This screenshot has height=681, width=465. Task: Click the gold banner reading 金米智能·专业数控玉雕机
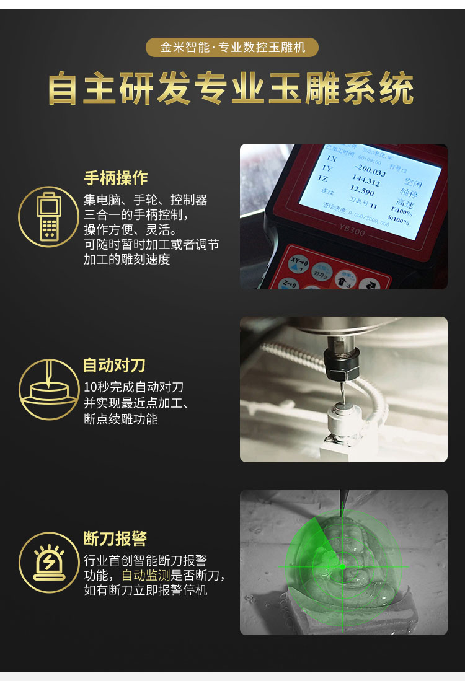coord(232,48)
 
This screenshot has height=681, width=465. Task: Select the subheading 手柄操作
coord(116,178)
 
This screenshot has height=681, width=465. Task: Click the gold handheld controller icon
coord(48,217)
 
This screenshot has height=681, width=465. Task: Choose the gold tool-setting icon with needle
coord(48,389)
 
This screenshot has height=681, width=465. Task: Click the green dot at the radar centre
coord(342,566)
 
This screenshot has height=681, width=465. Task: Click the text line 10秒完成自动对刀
coord(134,387)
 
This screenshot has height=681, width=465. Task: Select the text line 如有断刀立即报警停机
coord(146,591)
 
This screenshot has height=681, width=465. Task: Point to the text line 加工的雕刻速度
coord(126,260)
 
